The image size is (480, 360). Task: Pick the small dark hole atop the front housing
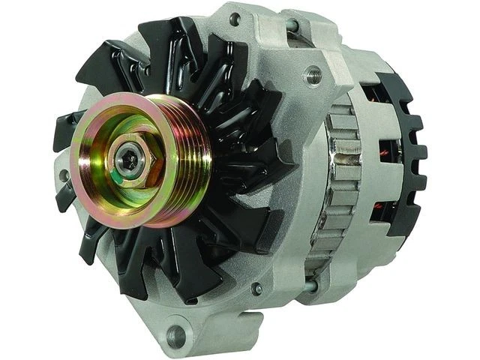click(236, 19)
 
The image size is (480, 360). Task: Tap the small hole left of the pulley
click(65, 177)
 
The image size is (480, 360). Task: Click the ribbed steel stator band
click(334, 180)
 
